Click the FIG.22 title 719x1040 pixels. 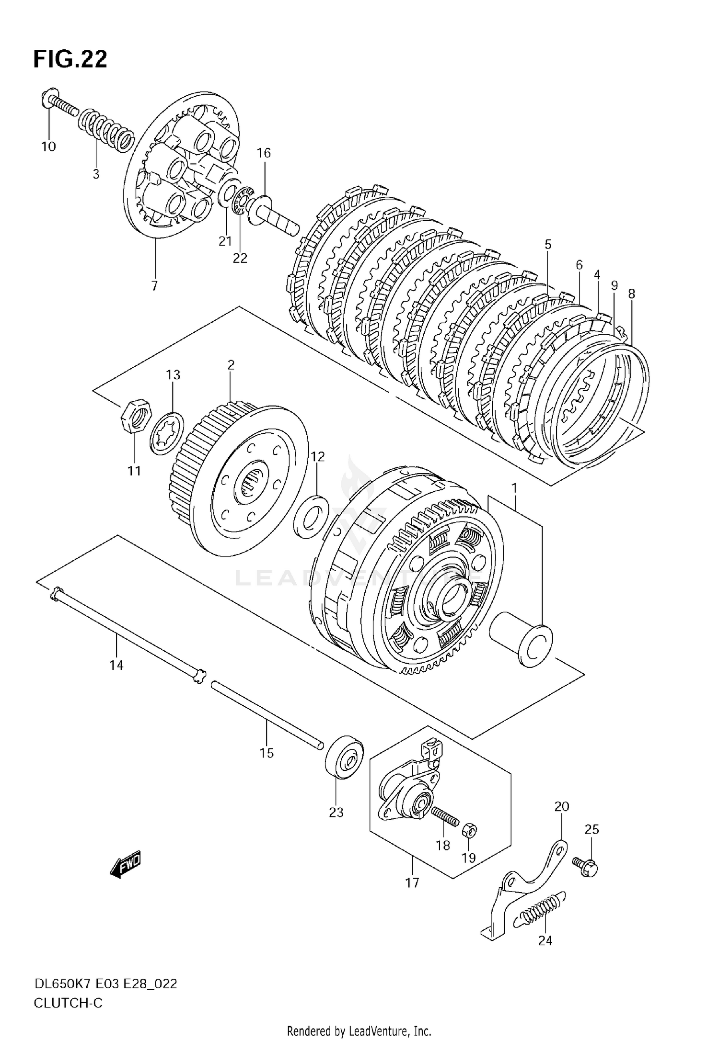(x=70, y=59)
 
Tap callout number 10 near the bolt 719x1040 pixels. (x=48, y=147)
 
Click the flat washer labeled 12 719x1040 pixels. (x=311, y=518)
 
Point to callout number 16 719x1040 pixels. (x=264, y=153)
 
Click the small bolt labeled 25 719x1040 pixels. (x=586, y=868)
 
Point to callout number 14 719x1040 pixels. (x=116, y=665)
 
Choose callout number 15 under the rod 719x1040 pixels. (x=267, y=753)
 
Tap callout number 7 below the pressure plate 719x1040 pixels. (x=154, y=286)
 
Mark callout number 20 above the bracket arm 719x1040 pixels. (x=561, y=807)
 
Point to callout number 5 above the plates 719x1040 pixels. (x=548, y=245)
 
